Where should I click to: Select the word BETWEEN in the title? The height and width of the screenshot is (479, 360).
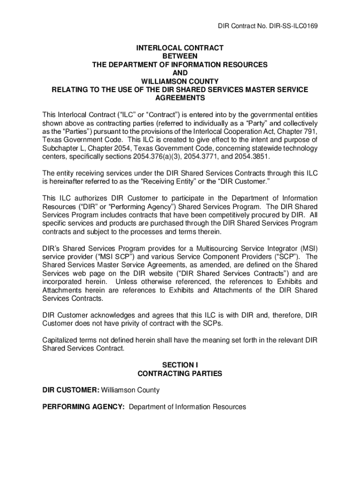180,56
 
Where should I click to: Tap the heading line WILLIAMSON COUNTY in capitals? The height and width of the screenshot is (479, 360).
180,81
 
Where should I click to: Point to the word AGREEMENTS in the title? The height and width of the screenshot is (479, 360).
180,98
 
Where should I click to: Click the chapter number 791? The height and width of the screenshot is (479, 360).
310,131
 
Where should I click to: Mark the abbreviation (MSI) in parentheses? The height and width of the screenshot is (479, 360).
309,248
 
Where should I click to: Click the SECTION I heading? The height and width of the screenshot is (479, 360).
180,365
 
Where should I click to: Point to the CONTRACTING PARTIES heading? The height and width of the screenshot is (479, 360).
180,374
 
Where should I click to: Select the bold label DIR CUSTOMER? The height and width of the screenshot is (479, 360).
71,390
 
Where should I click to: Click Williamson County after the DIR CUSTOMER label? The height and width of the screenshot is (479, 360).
130,390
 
